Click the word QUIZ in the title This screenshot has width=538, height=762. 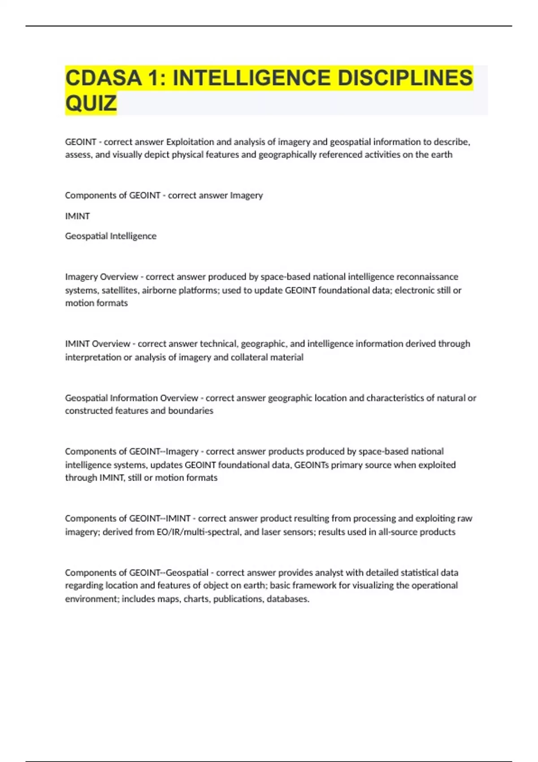[91, 103]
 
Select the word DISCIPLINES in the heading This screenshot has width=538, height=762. [405, 78]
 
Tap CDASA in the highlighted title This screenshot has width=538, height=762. [104, 78]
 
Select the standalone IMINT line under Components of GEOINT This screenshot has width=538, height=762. [78, 216]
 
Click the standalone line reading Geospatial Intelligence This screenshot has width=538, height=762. [111, 236]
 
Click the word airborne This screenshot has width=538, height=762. [159, 290]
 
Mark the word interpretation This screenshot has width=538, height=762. [93, 357]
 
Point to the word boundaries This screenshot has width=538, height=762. [191, 411]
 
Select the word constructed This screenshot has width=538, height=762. [89, 411]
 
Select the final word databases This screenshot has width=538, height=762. [288, 599]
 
